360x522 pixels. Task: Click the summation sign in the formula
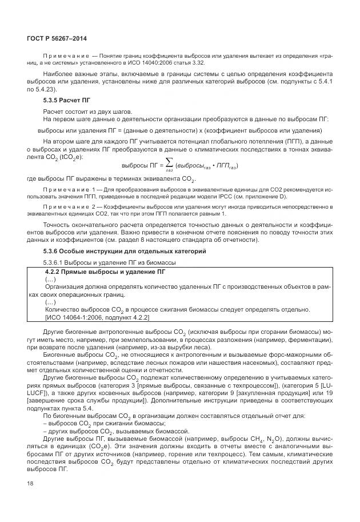(x=169, y=164)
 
